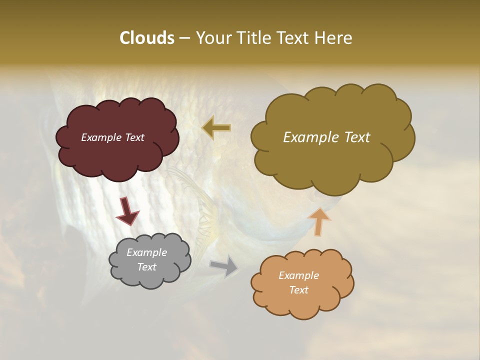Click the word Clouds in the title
(146, 38)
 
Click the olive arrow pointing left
(216, 127)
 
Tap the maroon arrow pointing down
(127, 211)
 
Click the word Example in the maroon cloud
(99, 137)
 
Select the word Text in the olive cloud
(356, 137)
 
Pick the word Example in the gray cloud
(146, 252)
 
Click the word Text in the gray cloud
(146, 267)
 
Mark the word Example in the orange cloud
(298, 275)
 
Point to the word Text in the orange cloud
(298, 290)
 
